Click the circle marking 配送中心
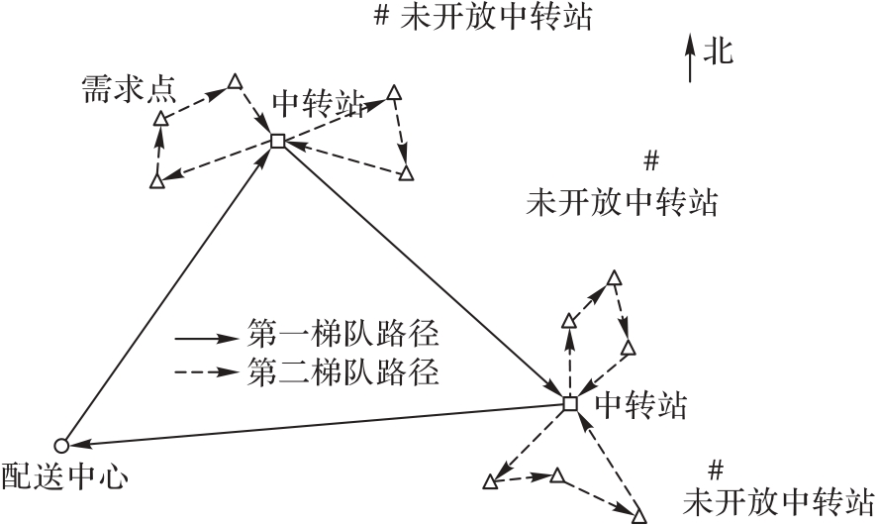pos(60,445)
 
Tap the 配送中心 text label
pos(64,477)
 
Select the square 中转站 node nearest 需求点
pos(277,142)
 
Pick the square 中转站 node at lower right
pos(569,403)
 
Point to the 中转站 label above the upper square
pos(318,104)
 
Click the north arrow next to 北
pos(690,57)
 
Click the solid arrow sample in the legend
pos(207,337)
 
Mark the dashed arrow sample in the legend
pos(207,373)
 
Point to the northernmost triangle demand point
pos(235,81)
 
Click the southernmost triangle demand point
pos(638,515)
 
